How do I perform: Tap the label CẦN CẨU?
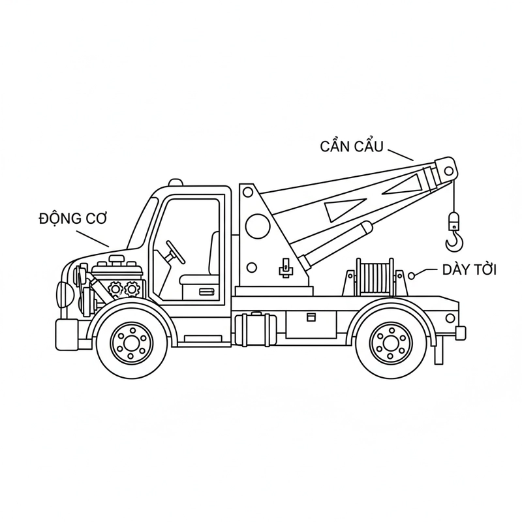352,146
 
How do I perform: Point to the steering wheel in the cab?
176,253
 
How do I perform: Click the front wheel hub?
132,343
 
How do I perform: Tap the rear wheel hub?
390,343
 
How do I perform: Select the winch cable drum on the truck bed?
375,277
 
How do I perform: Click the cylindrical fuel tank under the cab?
256,329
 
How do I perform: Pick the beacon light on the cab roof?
176,183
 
